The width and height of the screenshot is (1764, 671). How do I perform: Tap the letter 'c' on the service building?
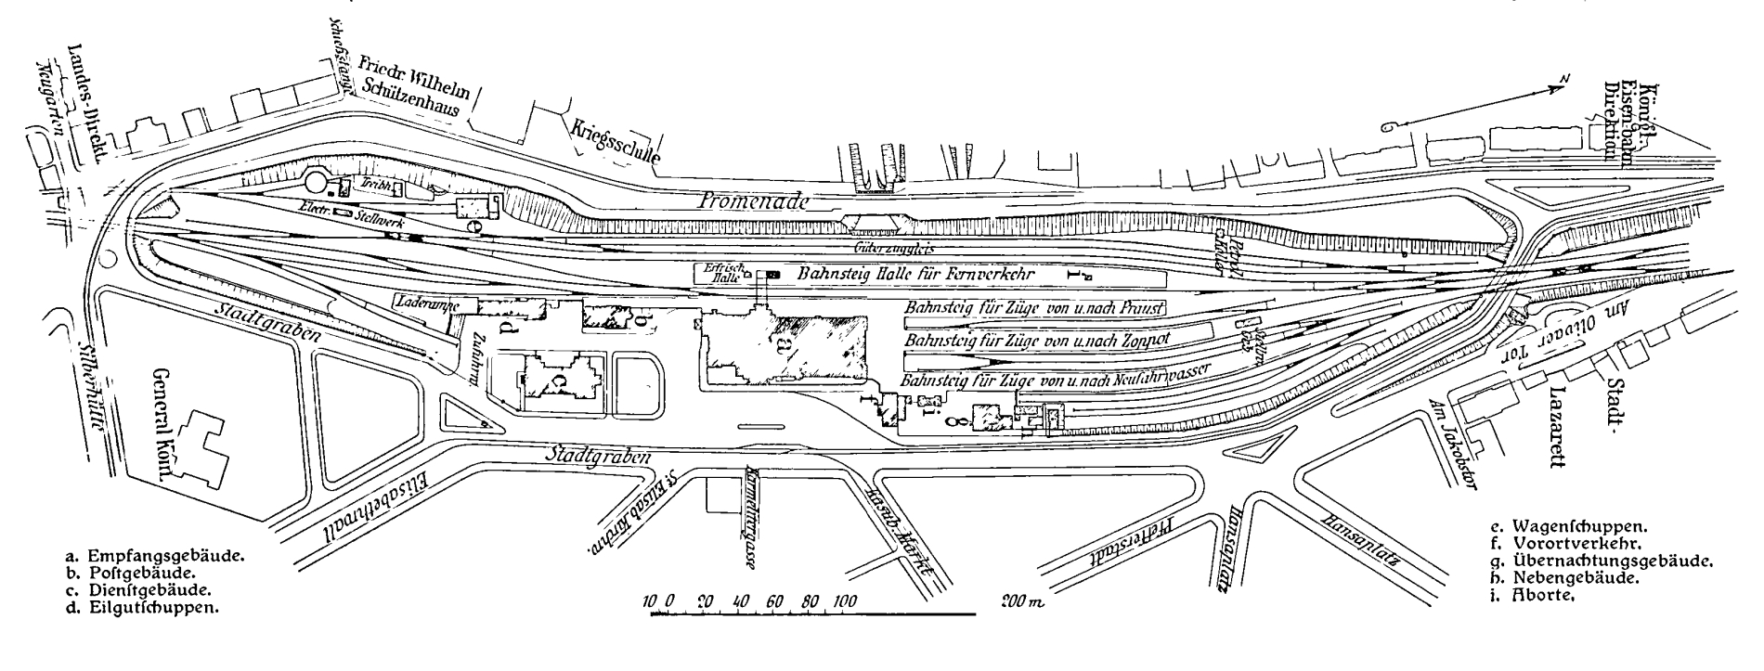(x=555, y=381)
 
